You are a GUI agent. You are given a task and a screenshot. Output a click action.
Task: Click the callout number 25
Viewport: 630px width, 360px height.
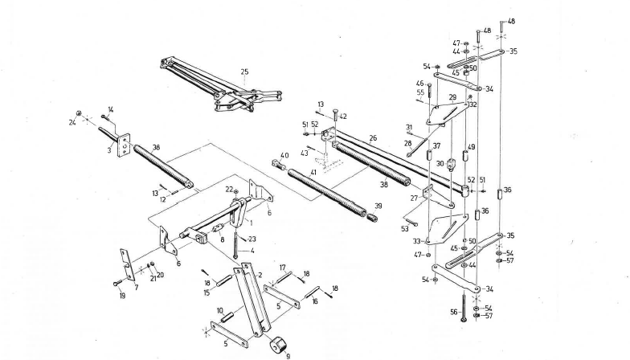click(244, 72)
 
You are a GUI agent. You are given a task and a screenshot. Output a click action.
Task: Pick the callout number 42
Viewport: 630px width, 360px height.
click(343, 117)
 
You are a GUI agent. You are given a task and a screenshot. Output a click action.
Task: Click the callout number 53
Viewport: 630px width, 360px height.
click(404, 229)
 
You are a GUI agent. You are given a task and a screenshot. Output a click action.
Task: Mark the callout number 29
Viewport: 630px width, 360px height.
click(452, 97)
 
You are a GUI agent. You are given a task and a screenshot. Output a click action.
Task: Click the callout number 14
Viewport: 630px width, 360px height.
click(111, 109)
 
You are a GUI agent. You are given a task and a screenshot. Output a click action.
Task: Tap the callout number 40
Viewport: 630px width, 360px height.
click(284, 155)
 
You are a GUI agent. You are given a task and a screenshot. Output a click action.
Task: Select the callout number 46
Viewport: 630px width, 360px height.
click(419, 83)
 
